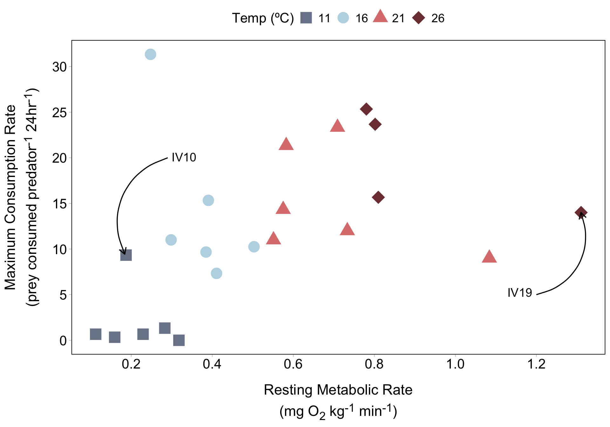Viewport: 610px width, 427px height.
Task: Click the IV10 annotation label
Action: point(184,157)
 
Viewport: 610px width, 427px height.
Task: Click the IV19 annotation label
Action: point(519,293)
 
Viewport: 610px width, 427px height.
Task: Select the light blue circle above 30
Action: point(150,54)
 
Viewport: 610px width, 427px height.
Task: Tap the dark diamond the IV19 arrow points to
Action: point(581,213)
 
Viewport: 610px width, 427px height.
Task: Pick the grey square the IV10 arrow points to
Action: point(126,255)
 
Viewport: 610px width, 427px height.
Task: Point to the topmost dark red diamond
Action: point(366,109)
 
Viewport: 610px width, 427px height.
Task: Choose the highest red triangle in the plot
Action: point(337,126)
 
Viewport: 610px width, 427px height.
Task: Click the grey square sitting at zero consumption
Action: point(179,340)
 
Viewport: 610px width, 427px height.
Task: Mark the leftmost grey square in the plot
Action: point(96,334)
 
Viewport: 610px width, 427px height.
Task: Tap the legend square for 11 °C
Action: point(306,18)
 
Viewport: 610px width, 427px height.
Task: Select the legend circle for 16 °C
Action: point(343,18)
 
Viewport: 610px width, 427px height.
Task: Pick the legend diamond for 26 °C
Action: point(418,18)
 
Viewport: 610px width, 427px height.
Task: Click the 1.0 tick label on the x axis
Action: point(455,364)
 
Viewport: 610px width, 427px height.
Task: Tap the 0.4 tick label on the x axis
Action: point(212,364)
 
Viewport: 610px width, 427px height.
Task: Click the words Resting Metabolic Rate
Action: point(338,390)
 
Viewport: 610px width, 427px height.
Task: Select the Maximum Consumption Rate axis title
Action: point(10,197)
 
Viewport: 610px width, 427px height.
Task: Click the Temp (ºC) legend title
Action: point(263,18)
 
